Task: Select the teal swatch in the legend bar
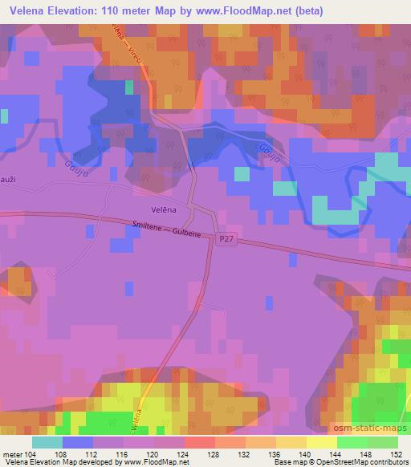point(47,442)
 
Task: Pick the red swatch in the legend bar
point(199,442)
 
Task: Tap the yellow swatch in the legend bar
point(321,442)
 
